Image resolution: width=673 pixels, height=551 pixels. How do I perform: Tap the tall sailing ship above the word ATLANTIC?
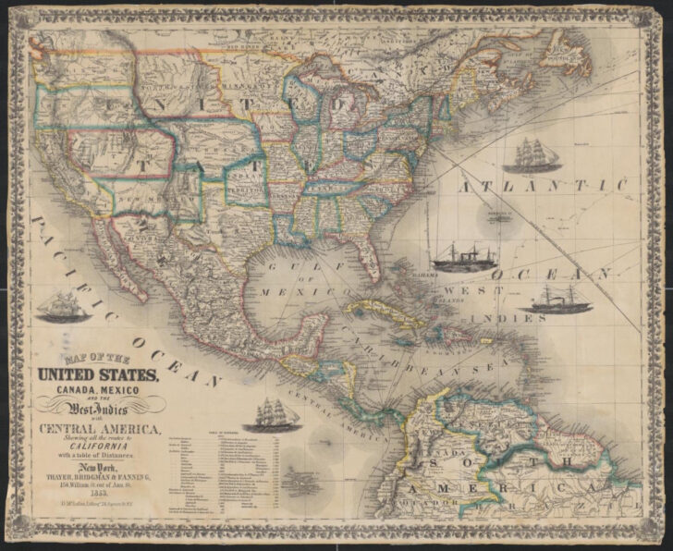[x=539, y=153]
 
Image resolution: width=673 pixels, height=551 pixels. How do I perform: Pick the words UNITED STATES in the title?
[x=100, y=374]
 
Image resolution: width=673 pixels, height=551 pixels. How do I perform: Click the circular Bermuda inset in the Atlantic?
[x=500, y=218]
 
